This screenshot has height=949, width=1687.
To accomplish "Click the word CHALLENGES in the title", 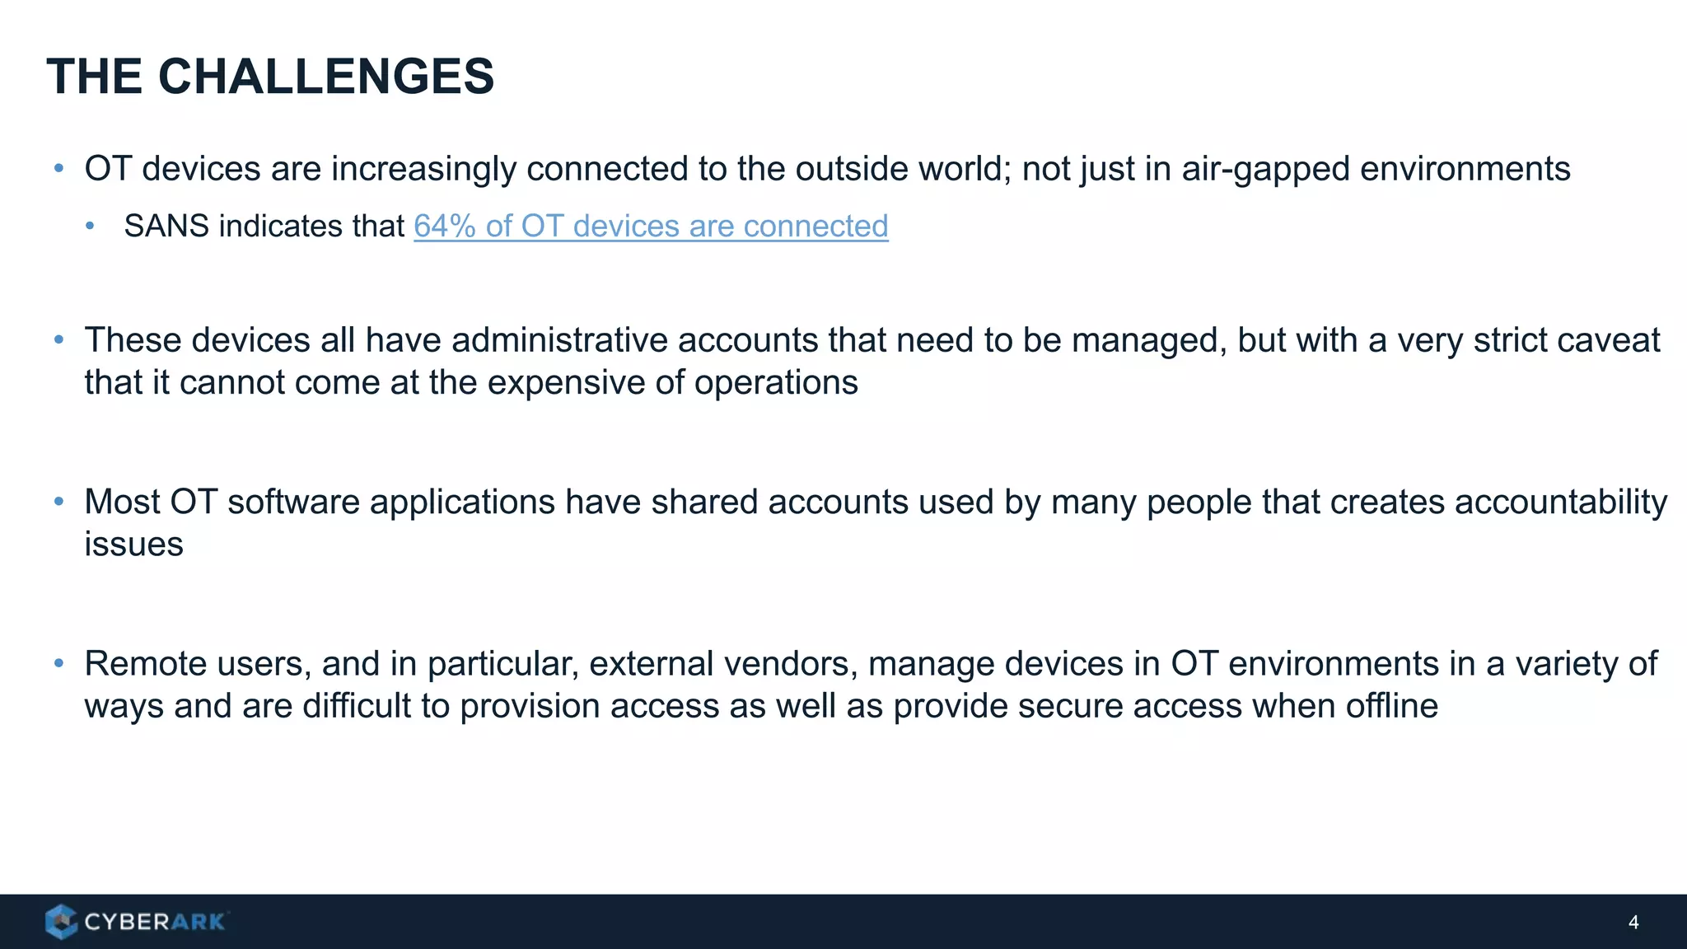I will point(325,77).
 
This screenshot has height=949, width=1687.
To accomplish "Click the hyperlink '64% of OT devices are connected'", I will point(651,226).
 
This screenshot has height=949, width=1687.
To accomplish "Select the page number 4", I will point(1633,922).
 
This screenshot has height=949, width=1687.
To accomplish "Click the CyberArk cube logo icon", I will point(61,921).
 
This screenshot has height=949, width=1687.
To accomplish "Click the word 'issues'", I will point(133,544).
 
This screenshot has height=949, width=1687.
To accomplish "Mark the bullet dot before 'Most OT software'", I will point(58,502).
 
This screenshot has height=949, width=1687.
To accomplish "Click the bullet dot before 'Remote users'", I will point(58,664).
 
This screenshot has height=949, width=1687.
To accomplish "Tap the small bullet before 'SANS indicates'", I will point(91,226).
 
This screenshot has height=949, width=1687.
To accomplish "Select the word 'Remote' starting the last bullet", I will point(137,664).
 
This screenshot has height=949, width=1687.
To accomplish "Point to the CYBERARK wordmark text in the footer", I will point(154,922).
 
